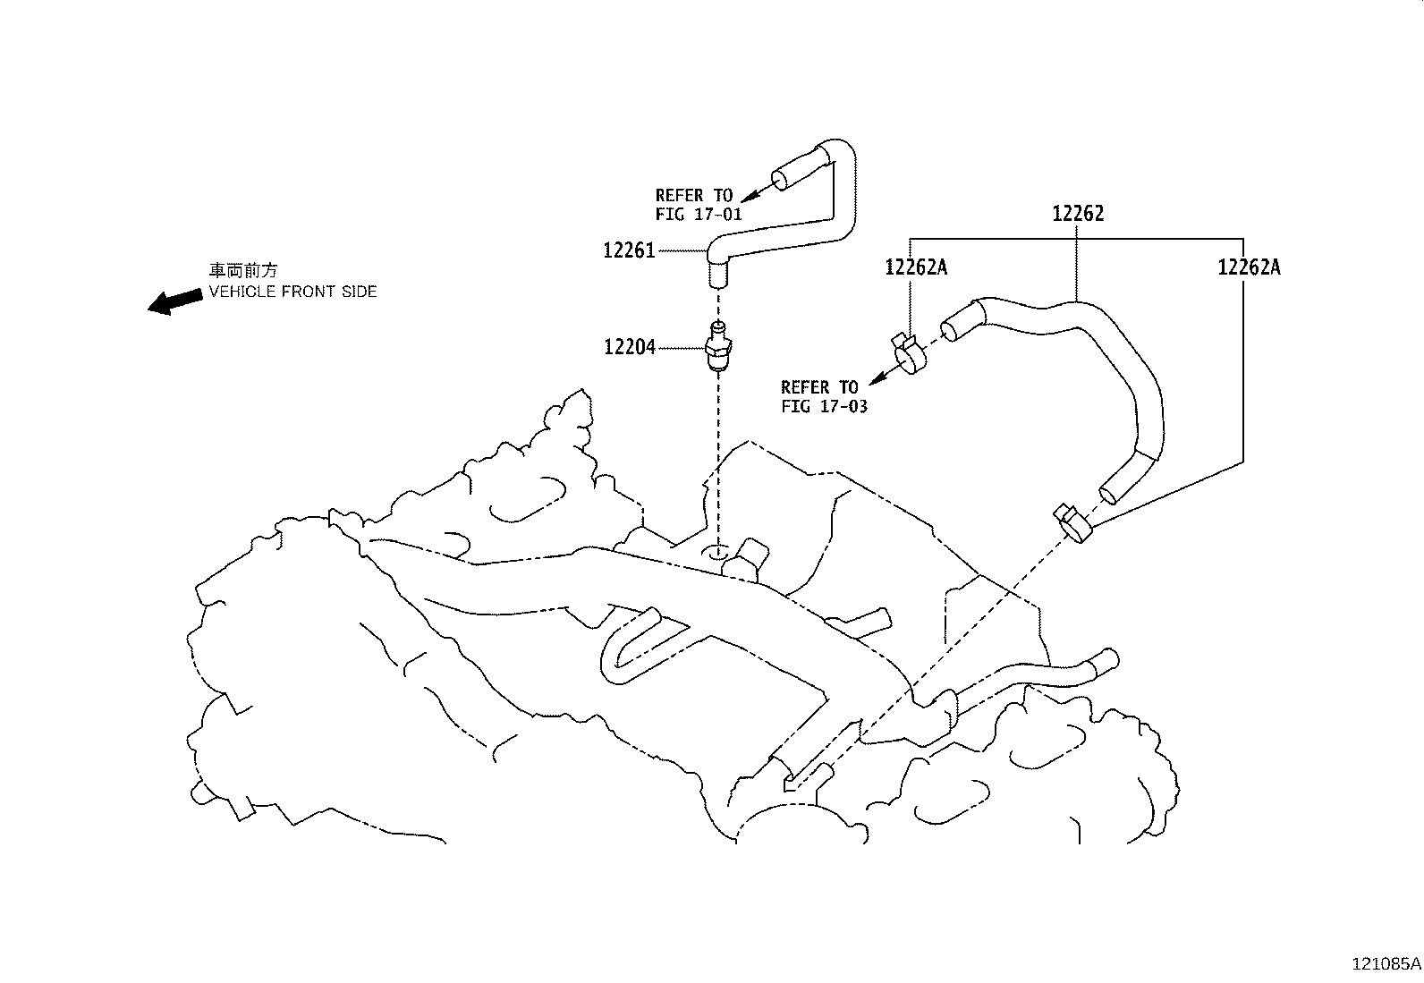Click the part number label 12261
629,251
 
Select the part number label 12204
629,347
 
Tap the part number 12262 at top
1078,214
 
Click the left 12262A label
916,267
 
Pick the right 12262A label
1249,267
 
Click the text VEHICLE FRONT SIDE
292,292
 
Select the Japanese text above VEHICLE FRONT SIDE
243,270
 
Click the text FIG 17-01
699,215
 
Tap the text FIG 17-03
824,406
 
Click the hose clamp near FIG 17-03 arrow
908,354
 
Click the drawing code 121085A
1385,964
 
